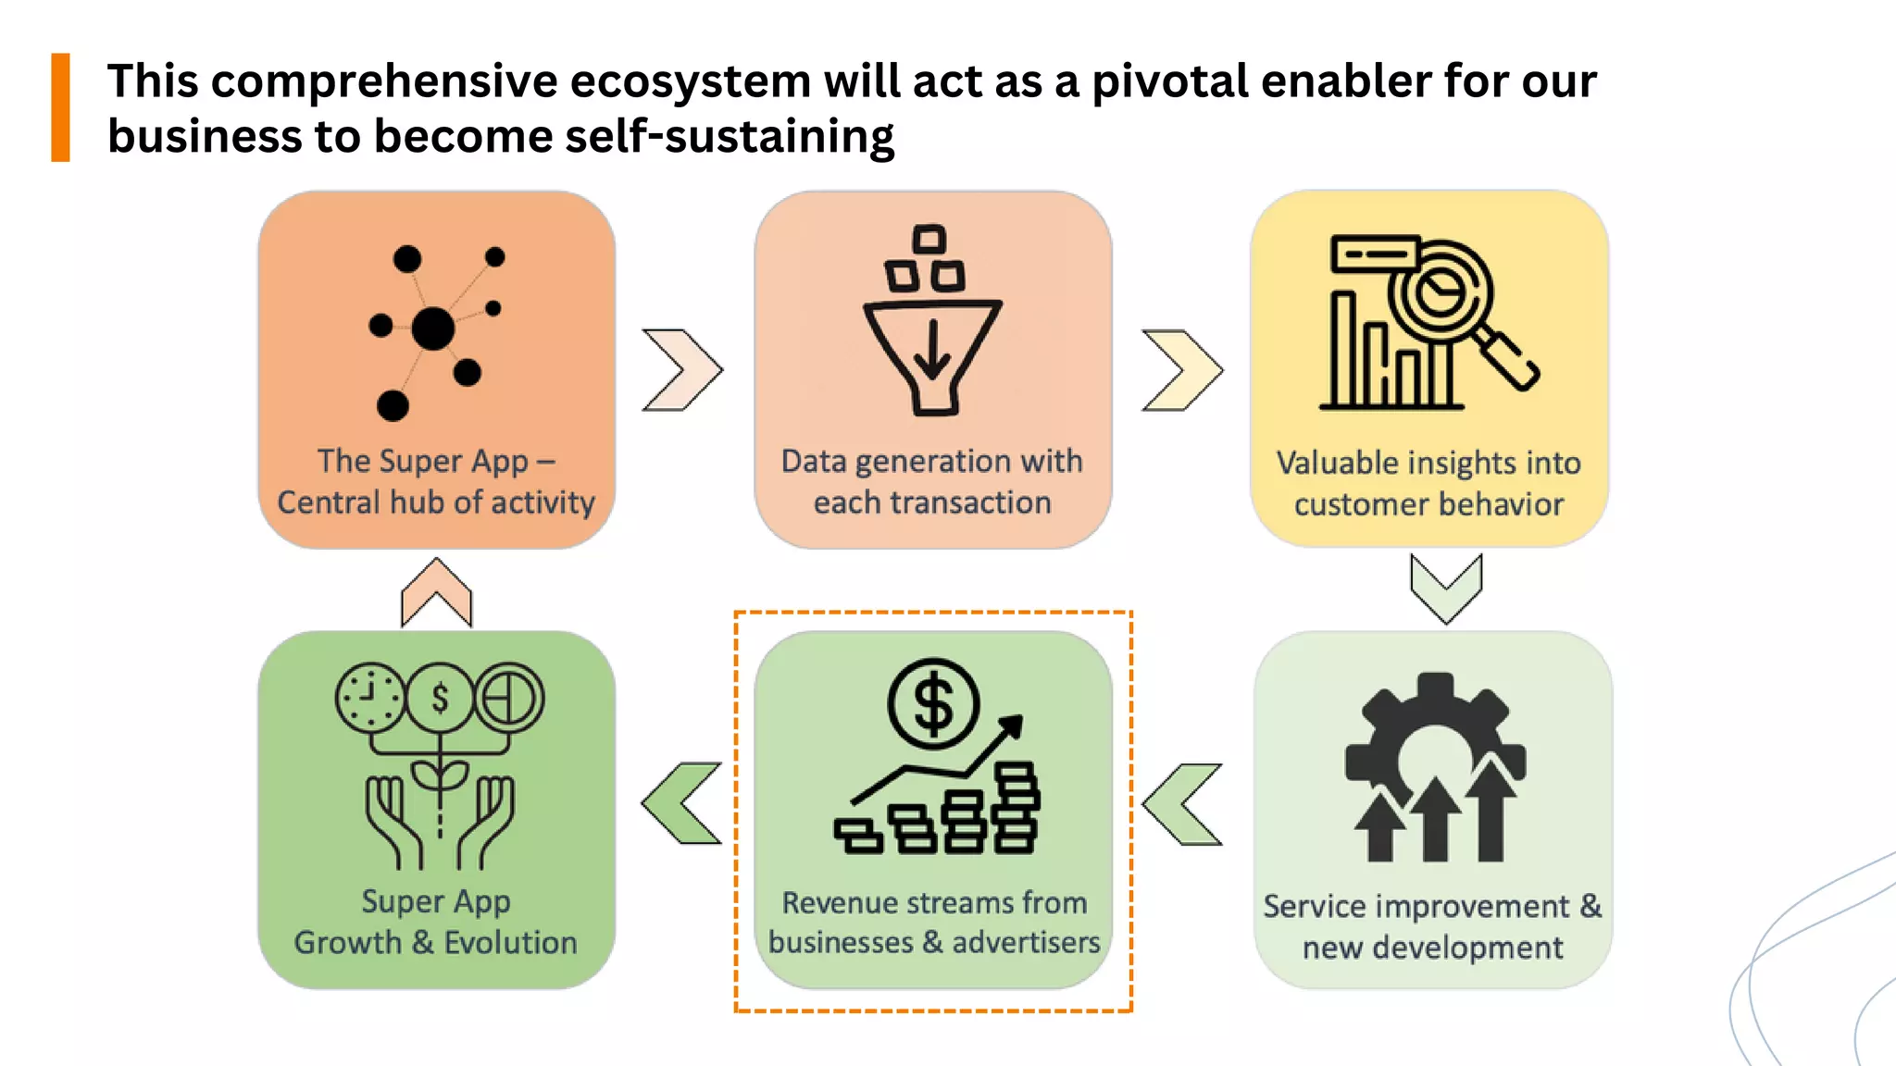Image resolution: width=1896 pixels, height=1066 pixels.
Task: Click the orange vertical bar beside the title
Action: pos(60,107)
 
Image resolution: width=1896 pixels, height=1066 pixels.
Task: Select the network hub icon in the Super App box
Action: pos(433,329)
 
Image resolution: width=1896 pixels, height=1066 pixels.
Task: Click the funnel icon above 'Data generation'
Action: pos(932,356)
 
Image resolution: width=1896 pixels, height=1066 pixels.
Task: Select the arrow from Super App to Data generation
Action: pos(683,370)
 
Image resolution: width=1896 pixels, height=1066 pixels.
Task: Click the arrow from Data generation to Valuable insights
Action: pos(1182,370)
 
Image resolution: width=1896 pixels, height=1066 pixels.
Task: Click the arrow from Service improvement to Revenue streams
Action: pos(1182,804)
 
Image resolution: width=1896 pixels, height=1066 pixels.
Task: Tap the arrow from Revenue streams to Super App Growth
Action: pos(682,803)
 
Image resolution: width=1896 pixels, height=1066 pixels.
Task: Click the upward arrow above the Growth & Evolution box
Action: pos(436,593)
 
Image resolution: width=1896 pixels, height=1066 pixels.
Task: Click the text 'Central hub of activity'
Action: pos(436,502)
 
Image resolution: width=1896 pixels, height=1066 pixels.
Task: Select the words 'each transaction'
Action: pos(932,502)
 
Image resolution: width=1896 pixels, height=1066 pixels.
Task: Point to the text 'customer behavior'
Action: pos(1428,505)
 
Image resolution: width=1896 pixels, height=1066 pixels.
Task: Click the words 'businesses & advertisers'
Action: pos(933,942)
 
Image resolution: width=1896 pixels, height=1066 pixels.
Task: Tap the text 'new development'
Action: pos(1432,948)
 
